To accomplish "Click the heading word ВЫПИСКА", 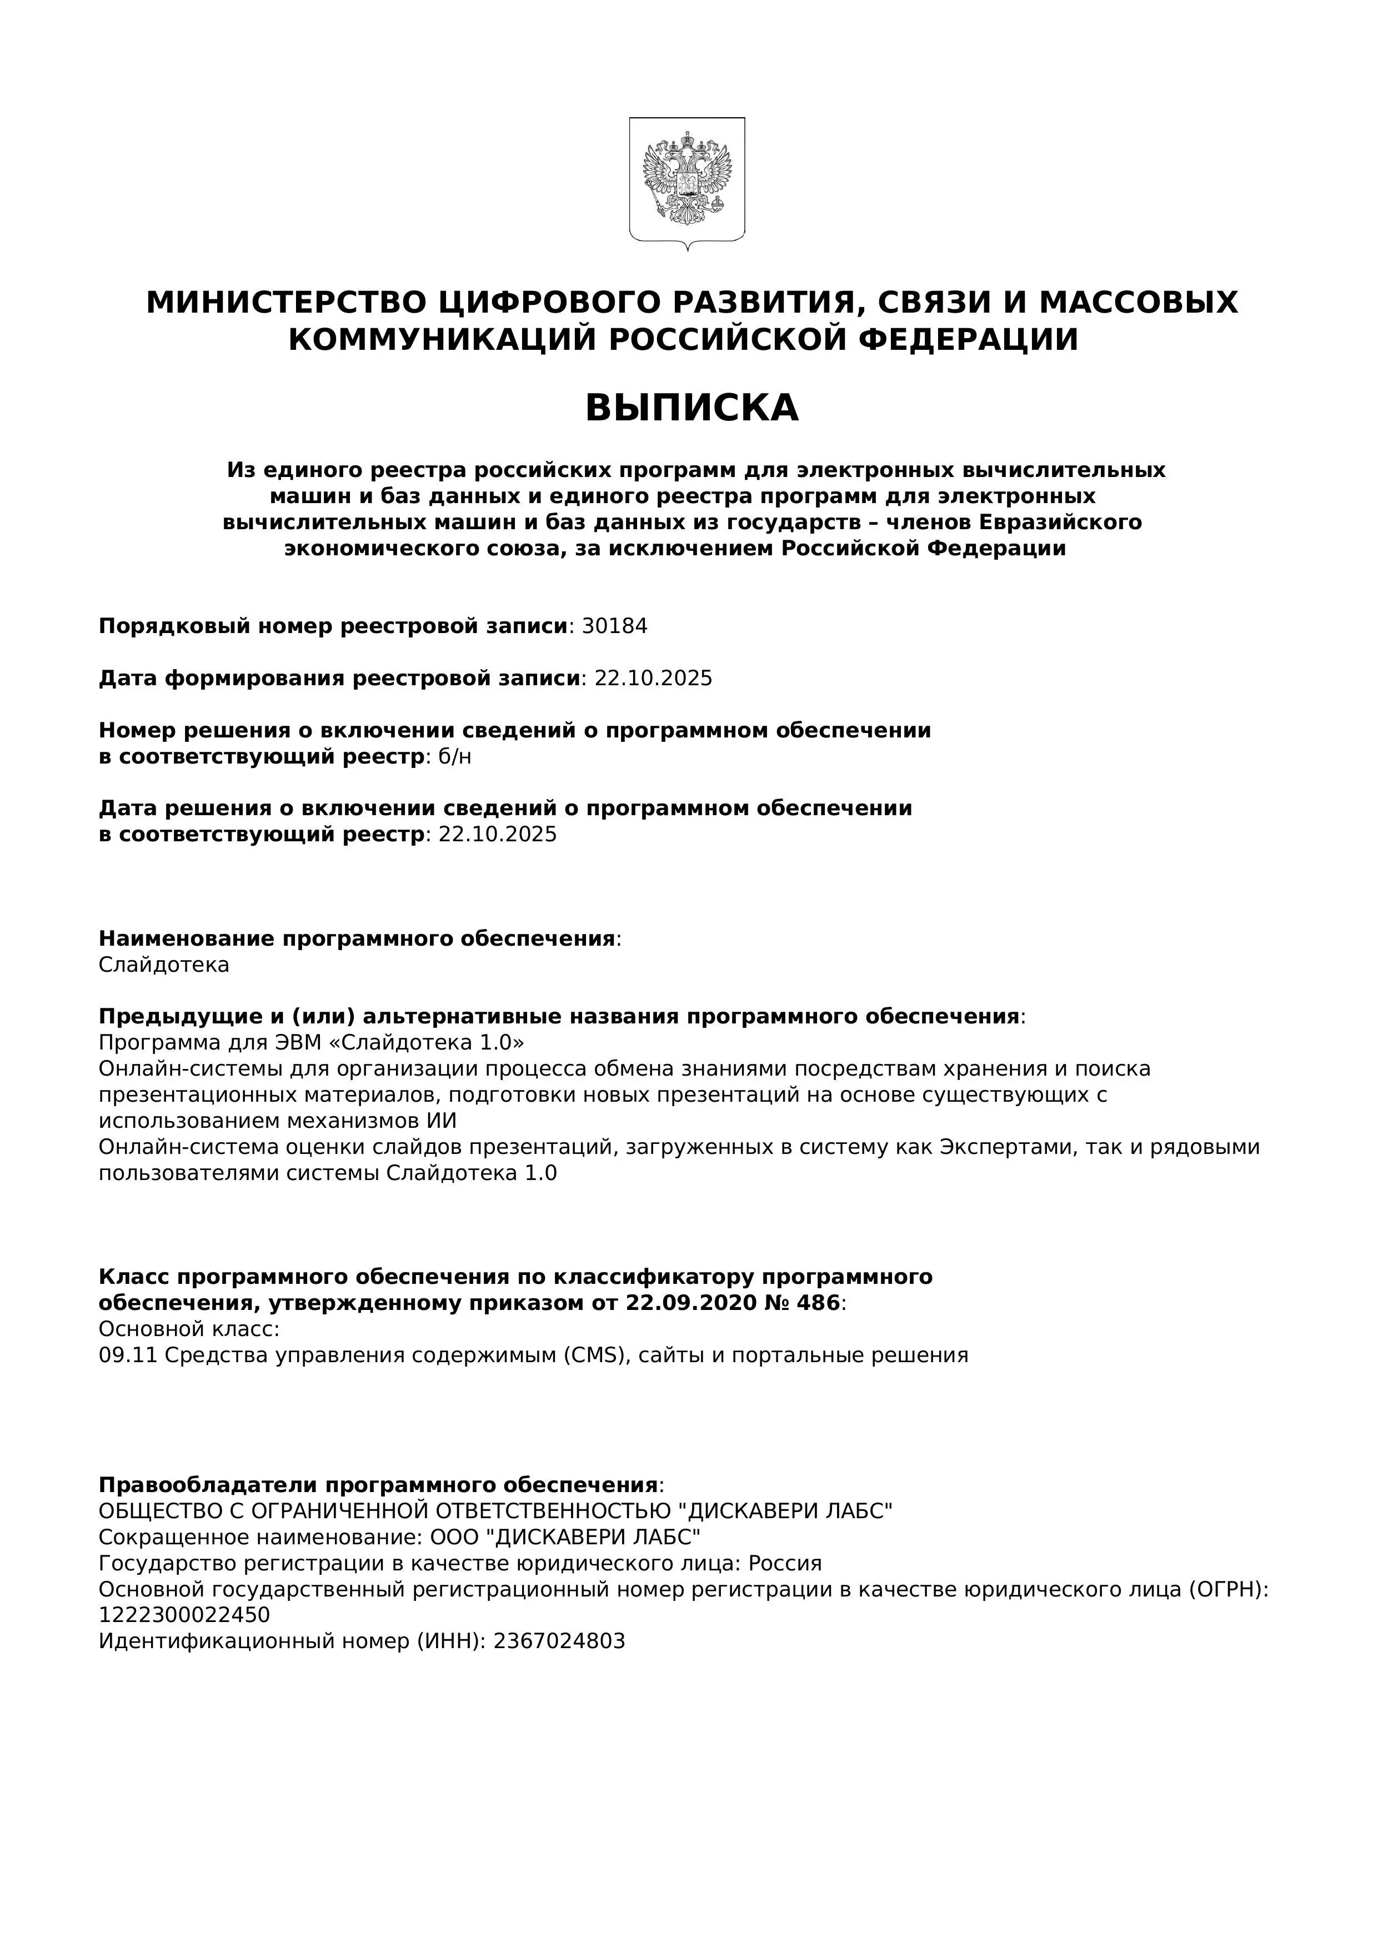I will click(x=691, y=408).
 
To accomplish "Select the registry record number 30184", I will click(x=614, y=626).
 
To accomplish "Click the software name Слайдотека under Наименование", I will click(x=164, y=966).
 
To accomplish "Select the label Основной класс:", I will click(x=189, y=1329).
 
